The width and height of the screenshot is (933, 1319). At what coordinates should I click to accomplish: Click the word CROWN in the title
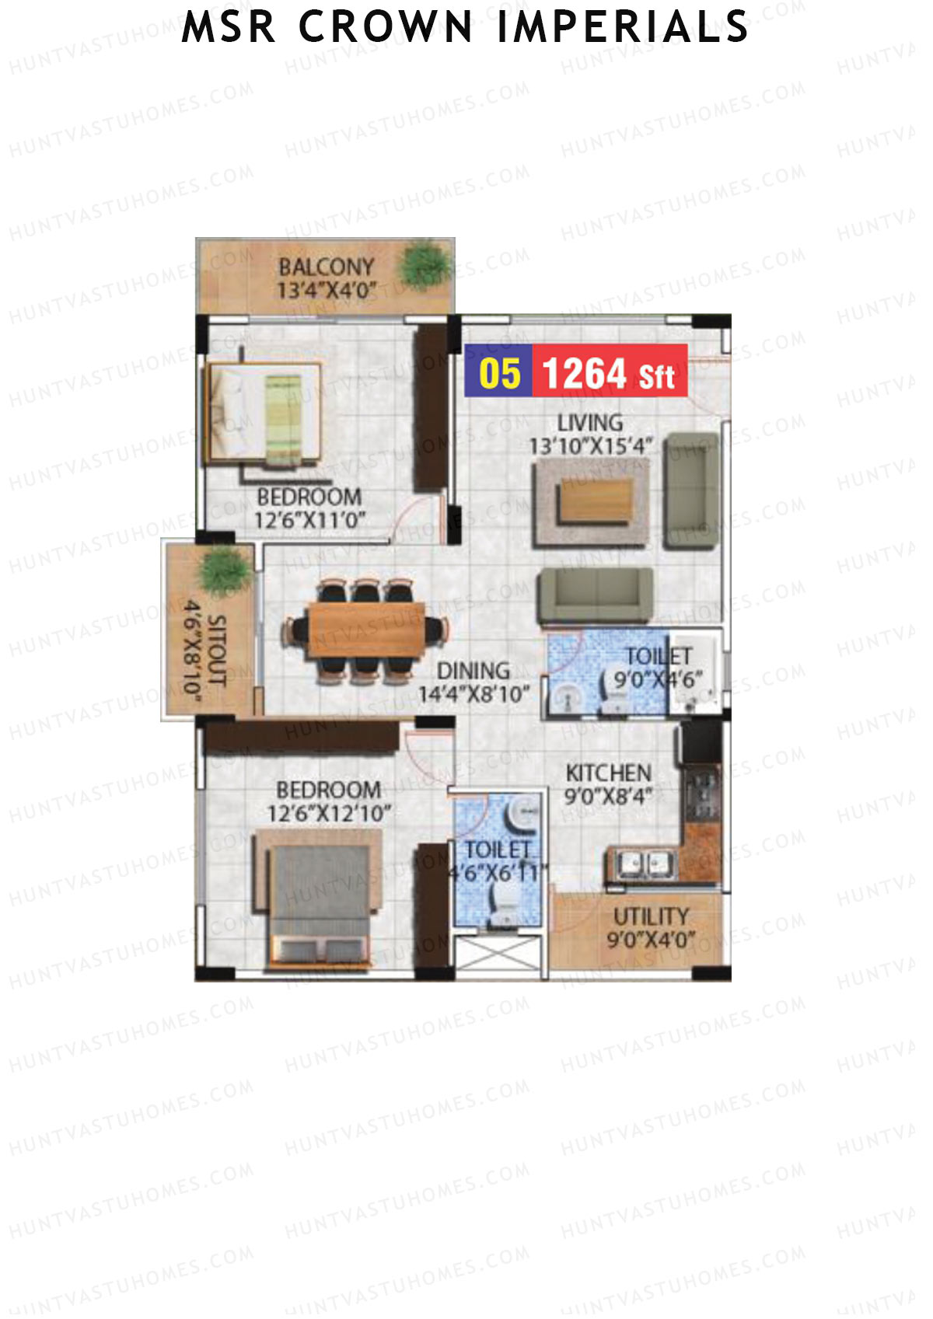(385, 27)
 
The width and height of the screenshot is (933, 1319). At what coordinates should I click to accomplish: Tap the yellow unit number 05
(499, 373)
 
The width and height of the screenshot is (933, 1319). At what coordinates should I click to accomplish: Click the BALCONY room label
(326, 267)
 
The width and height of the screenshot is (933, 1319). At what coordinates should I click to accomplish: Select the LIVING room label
(590, 423)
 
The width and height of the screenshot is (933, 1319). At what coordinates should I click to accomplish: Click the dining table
(366, 630)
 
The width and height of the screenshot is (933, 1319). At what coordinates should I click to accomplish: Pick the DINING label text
(473, 671)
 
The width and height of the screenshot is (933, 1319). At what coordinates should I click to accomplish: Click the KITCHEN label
(609, 773)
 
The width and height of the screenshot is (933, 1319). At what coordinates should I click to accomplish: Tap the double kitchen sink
(642, 864)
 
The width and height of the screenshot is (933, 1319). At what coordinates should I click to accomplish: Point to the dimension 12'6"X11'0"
(309, 521)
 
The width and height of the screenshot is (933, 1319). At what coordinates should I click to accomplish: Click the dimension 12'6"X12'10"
(329, 814)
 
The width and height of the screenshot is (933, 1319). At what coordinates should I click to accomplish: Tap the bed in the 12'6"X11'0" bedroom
(264, 412)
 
